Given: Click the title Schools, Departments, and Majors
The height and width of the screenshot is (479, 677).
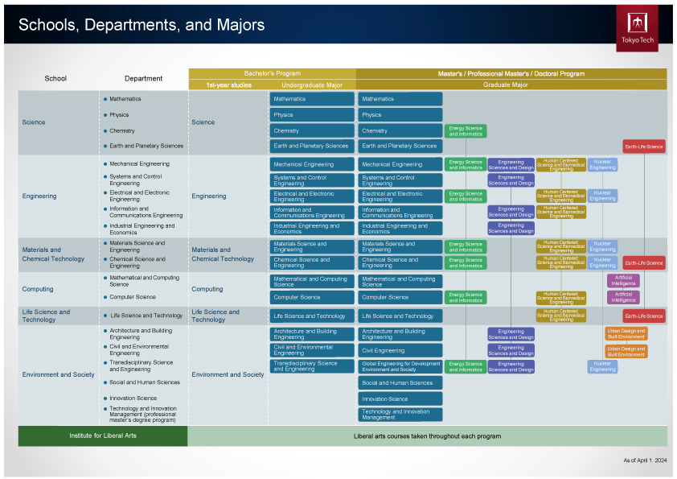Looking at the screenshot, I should pos(142,25).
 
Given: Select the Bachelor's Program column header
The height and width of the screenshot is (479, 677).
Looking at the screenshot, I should pos(272,73).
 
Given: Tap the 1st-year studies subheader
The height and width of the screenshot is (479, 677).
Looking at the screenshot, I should pos(228,85).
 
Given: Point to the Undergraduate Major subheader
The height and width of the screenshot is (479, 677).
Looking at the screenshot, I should pos(312,85).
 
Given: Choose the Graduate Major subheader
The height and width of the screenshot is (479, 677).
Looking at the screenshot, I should pos(505,85).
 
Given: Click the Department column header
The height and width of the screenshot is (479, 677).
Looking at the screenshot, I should pos(143,79).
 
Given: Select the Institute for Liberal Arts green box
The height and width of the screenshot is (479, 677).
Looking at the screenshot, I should pos(102,436).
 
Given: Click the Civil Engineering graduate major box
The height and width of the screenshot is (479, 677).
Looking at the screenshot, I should pos(400,350).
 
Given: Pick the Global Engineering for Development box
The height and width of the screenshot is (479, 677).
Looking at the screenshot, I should pos(400,366).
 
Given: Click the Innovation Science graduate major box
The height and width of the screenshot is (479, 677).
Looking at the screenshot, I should pos(400,398).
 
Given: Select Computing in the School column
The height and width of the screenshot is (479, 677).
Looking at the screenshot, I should pos(38,289).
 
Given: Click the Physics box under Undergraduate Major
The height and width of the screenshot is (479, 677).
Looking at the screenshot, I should pos(312,114).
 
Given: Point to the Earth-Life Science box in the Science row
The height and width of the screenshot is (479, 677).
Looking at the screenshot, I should pos(643,147).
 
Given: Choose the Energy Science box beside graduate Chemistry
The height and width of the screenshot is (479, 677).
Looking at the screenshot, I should pos(466,130).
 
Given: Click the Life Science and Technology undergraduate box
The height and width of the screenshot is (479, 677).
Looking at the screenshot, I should pos(312,316).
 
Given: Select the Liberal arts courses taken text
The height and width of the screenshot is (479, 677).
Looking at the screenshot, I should pos(427,436).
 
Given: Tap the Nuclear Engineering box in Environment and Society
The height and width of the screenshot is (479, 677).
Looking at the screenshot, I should pos(602,366).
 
